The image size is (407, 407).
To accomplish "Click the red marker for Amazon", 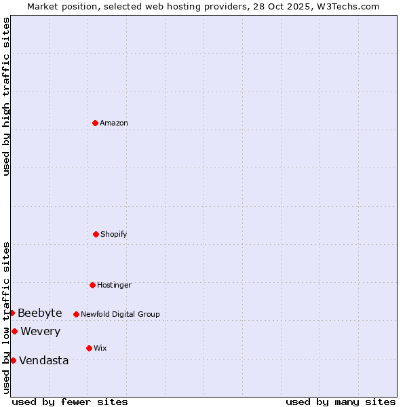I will pyautogui.click(x=95, y=123).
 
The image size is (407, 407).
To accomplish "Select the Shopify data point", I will pyautogui.click(x=96, y=234).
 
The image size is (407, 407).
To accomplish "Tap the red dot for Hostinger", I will pyautogui.click(x=92, y=285).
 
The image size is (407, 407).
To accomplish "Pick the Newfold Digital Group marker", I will pyautogui.click(x=76, y=314).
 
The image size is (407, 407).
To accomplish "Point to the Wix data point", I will pyautogui.click(x=89, y=348).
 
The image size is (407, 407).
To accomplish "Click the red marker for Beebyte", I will pyautogui.click(x=12, y=313).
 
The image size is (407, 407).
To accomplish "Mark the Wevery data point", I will pyautogui.click(x=14, y=331).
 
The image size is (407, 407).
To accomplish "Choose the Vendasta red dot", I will pyautogui.click(x=13, y=360).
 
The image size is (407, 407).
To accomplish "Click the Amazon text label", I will pyautogui.click(x=114, y=123).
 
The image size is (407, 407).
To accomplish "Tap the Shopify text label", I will pyautogui.click(x=114, y=235).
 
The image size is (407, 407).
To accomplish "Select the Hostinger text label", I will pyautogui.click(x=114, y=286).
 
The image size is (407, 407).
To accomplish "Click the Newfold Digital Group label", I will pyautogui.click(x=120, y=315).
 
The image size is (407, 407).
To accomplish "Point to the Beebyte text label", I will pyautogui.click(x=40, y=313).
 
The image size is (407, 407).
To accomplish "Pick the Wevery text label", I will pyautogui.click(x=41, y=332).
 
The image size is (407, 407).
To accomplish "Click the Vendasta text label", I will pyautogui.click(x=44, y=361).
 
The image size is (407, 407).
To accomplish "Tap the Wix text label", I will pyautogui.click(x=100, y=349).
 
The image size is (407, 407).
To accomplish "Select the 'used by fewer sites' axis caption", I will pyautogui.click(x=70, y=402).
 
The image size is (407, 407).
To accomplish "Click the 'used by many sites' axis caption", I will pyautogui.click(x=341, y=402).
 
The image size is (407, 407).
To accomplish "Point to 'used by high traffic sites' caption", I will pyautogui.click(x=6, y=96).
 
